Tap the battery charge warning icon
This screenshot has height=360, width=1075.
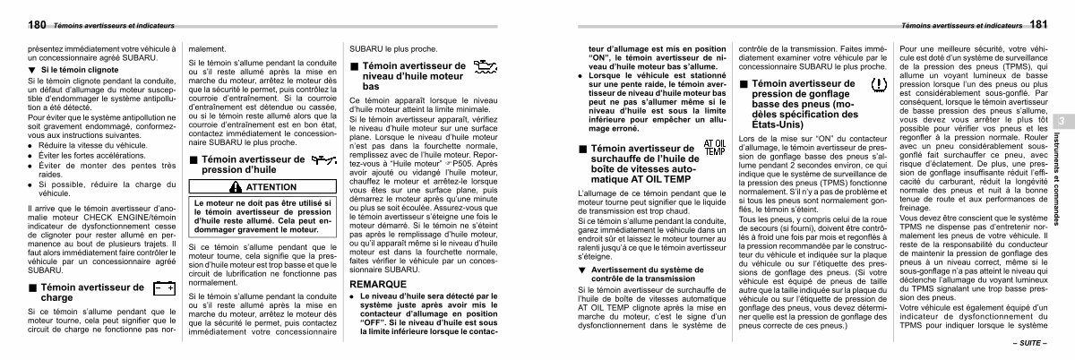tap(163, 289)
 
